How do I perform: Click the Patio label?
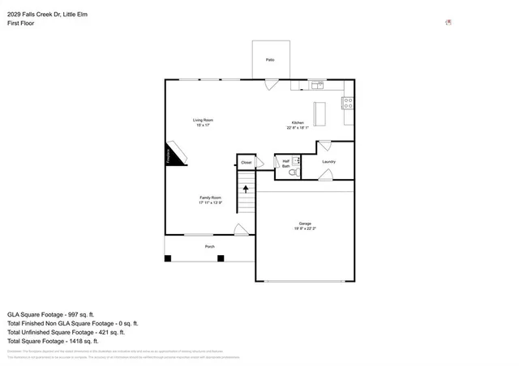tap(270, 60)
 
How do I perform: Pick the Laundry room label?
tap(328, 162)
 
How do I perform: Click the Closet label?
tap(246, 163)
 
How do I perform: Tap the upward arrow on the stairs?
tap(246, 189)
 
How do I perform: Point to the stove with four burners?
tap(348, 103)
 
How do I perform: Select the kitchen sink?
tap(316, 84)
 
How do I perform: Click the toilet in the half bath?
tap(294, 172)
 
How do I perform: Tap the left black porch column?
tap(168, 258)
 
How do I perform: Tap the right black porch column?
tap(220, 258)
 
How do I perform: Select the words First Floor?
tap(21, 23)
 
